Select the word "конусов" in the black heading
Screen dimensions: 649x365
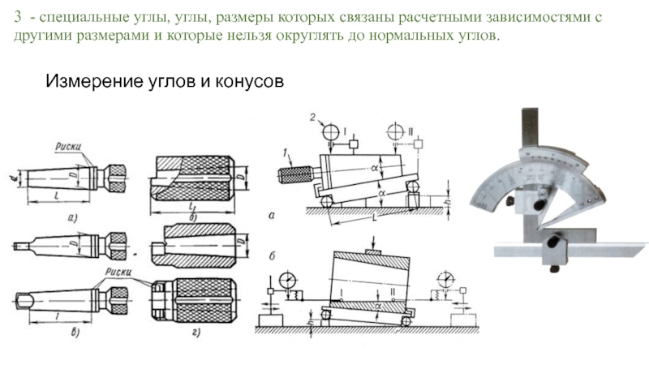point(249,82)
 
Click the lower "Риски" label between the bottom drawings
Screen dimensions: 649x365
point(117,270)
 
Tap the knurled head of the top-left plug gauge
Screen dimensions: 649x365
point(116,174)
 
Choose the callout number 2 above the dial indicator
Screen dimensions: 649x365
point(312,118)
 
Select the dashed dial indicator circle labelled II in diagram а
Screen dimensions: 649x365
point(398,131)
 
